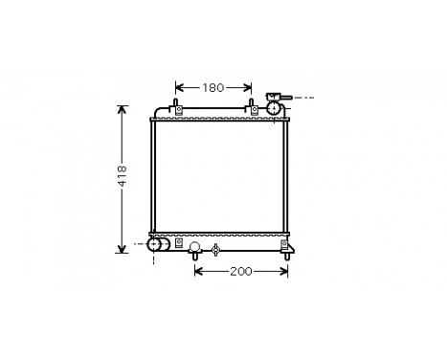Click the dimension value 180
click(213, 88)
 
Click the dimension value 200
click(240, 272)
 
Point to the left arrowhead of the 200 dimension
click(198, 272)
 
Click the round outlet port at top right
click(276, 109)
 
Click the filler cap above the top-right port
click(276, 97)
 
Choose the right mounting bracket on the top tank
click(254, 109)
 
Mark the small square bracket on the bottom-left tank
click(178, 245)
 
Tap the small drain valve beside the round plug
click(215, 251)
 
